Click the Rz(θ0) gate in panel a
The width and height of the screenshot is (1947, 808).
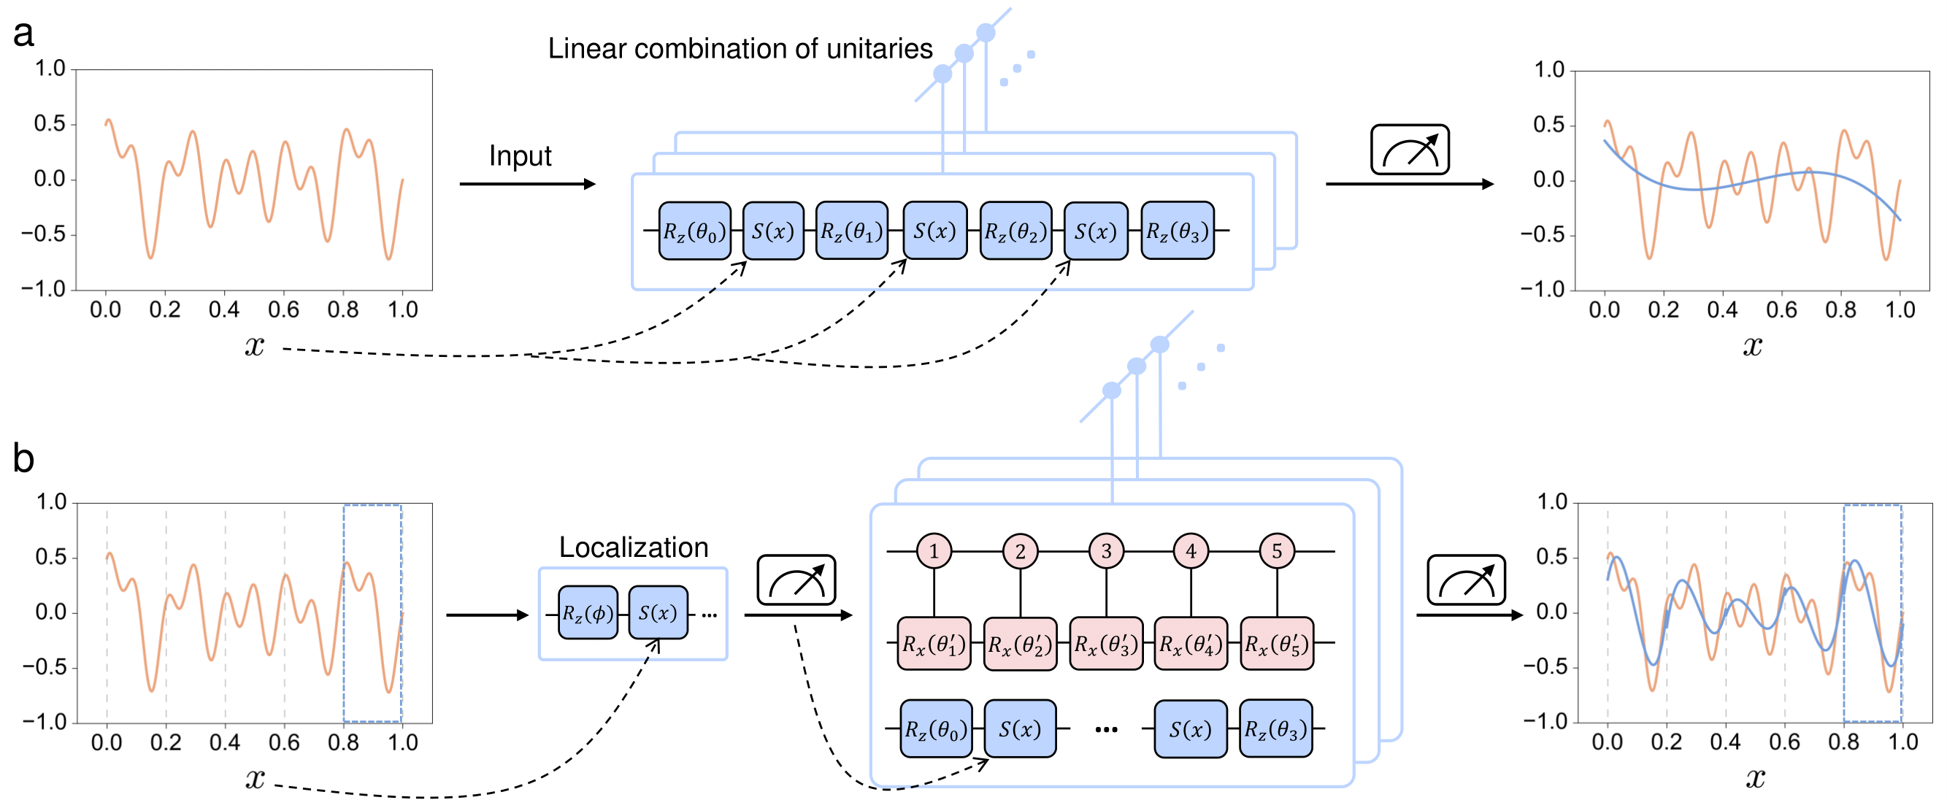(694, 231)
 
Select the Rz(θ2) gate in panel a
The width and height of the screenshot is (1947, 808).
(1015, 231)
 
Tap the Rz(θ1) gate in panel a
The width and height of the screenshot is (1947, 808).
(852, 231)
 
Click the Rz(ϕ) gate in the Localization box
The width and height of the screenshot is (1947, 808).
(587, 613)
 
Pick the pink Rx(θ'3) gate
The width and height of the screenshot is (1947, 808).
(1106, 644)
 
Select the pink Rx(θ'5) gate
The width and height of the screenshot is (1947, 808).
(1277, 644)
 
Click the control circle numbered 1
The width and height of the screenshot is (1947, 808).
(934, 551)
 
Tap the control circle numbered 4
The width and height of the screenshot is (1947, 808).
(1191, 551)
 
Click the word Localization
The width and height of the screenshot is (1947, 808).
(634, 547)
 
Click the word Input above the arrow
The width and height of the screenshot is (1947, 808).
(520, 155)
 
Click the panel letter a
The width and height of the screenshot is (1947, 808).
(23, 34)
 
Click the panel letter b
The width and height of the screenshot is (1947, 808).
(23, 458)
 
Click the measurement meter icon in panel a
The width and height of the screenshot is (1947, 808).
(1410, 150)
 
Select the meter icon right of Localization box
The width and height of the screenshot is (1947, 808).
(796, 580)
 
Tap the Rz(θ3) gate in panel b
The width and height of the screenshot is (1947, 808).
(1275, 729)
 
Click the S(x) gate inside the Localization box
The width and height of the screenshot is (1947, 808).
(658, 613)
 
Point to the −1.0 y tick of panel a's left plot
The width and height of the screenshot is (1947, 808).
(45, 290)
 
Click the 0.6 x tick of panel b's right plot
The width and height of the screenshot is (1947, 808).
(1783, 742)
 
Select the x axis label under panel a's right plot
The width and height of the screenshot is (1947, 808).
(1752, 346)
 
